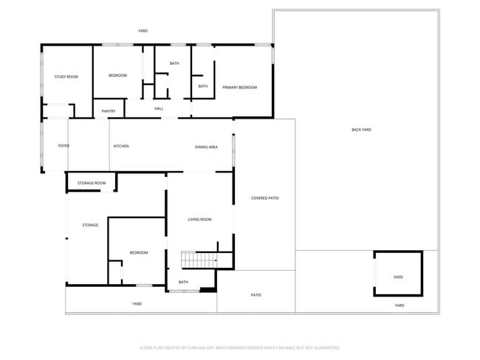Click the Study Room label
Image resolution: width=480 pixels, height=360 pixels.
point(66,77)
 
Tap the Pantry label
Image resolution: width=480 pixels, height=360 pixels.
point(109,111)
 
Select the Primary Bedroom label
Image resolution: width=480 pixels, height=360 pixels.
point(240,87)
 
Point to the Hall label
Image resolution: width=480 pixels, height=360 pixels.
point(159,108)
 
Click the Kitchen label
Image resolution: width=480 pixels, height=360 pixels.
point(121,146)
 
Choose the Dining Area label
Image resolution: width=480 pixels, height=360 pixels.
point(206,147)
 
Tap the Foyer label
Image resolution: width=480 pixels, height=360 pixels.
point(64,146)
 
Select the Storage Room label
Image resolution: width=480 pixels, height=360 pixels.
point(92,183)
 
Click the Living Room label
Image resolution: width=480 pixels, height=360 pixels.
point(199,219)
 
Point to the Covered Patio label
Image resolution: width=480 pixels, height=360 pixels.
point(264,198)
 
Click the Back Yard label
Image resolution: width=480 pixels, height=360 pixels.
point(361,130)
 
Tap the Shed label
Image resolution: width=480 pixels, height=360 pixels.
point(398,277)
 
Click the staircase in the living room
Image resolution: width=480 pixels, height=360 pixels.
point(198,260)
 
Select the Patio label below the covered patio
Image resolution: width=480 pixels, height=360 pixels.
point(256,295)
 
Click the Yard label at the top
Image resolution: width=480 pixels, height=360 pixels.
point(143,31)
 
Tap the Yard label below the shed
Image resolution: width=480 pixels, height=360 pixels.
point(400,305)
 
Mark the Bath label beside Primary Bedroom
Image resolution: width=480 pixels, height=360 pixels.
point(203,86)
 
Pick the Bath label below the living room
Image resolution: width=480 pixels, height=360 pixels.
point(183,282)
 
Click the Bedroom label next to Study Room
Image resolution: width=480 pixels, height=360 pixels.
point(118,75)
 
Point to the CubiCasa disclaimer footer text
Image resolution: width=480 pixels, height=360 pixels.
point(240,347)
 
